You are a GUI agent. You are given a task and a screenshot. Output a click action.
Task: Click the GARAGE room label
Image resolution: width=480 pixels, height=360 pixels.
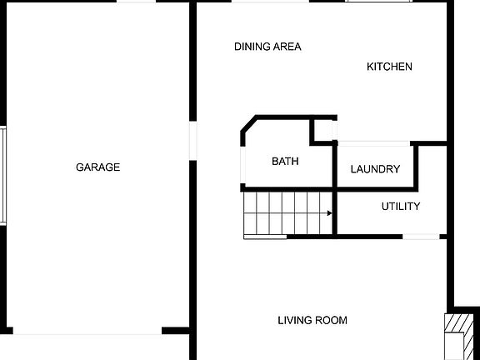click(98, 167)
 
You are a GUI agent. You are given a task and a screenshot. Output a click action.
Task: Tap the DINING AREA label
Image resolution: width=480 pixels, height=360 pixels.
click(267, 47)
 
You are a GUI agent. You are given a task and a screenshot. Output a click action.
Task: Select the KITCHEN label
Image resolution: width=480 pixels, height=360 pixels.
click(389, 67)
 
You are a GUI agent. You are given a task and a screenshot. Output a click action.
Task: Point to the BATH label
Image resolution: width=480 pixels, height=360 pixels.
click(285, 162)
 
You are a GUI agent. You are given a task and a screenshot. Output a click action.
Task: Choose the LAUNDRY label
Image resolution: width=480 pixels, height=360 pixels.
click(375, 169)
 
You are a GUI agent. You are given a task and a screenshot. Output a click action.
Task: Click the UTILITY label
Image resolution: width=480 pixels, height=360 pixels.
click(401, 207)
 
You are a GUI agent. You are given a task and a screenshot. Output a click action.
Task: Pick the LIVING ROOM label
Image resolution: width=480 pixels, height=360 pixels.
click(312, 320)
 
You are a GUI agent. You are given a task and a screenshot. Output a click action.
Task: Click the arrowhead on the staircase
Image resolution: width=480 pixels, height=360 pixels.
click(330, 213)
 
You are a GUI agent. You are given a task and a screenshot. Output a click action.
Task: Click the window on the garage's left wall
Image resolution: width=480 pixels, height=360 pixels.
click(3, 175)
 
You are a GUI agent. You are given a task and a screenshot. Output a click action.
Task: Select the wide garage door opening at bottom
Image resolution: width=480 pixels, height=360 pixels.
click(87, 332)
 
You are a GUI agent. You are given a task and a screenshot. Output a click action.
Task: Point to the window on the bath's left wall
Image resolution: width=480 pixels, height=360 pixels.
click(242, 167)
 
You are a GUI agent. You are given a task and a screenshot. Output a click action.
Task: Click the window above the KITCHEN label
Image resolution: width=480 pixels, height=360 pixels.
click(379, 2)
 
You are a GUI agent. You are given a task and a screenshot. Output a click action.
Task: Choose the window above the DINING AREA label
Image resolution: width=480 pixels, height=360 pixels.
click(270, 2)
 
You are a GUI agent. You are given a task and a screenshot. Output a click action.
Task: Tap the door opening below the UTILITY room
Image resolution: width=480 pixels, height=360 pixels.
click(422, 237)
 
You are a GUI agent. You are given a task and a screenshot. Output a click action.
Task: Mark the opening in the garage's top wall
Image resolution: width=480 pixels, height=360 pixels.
click(135, 2)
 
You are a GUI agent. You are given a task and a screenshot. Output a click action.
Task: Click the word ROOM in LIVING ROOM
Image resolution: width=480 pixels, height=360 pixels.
click(331, 320)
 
